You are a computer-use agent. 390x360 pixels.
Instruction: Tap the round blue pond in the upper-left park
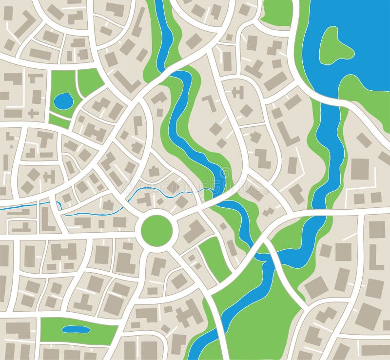point(63,101)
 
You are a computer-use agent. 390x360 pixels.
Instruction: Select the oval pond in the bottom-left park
point(76,329)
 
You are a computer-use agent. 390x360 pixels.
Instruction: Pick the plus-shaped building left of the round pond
point(33,114)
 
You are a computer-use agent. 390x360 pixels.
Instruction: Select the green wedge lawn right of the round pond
point(89,80)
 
